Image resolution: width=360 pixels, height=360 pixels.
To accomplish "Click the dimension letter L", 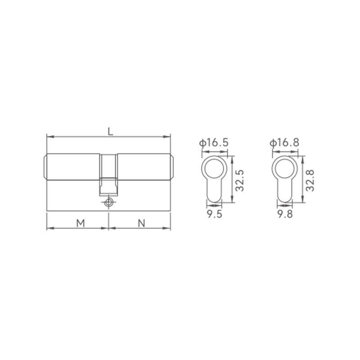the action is pos(111,131).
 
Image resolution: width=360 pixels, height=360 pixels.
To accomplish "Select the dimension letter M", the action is pos(81,223).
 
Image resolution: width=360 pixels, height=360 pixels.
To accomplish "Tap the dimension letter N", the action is pos(142,223).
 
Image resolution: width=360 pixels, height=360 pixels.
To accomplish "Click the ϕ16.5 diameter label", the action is pos(214,143).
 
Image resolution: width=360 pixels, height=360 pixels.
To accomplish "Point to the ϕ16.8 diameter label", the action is pos(284,143).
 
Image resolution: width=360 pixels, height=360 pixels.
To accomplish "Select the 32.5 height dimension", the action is pos(240,180).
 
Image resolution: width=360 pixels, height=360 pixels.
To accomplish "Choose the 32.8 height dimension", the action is pos(310,180).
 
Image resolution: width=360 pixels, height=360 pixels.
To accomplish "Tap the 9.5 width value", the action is pos(215,214).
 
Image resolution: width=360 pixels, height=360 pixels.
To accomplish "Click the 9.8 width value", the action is pos(285,214).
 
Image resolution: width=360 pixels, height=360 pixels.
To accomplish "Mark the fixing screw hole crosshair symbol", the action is pos(108,202).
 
